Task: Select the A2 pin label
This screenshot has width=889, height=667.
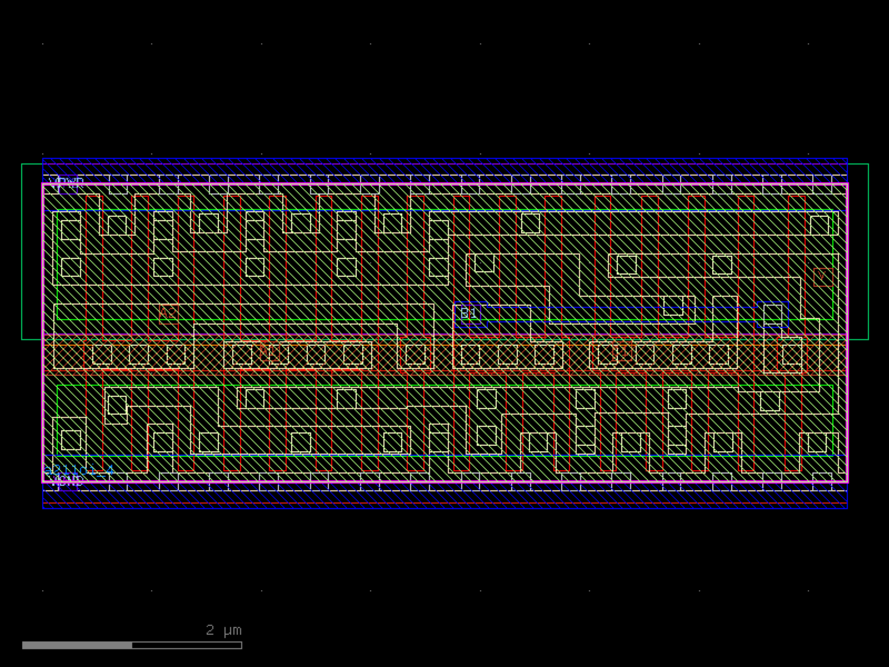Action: (168, 313)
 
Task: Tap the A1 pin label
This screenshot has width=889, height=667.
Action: (269, 351)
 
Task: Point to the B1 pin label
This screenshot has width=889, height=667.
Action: (469, 313)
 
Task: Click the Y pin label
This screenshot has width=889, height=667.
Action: (822, 277)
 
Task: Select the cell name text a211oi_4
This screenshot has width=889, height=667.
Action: (79, 470)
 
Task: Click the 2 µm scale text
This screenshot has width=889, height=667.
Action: (224, 630)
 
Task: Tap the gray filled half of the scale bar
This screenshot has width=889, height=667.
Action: (77, 645)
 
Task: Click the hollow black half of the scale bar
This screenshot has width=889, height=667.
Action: (187, 645)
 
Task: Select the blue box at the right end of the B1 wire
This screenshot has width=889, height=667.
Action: (773, 314)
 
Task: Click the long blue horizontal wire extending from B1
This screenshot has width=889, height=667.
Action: (622, 307)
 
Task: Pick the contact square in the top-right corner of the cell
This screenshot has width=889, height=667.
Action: (819, 225)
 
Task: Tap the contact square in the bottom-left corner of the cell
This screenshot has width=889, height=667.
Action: (71, 440)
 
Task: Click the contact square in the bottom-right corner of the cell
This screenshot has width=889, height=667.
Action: (817, 443)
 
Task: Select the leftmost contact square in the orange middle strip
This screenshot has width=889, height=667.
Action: (102, 354)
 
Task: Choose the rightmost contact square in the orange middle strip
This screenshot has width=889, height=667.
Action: (792, 354)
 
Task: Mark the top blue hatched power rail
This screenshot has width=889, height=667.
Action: (444, 167)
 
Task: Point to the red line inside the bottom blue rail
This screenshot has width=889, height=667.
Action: (444, 503)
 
